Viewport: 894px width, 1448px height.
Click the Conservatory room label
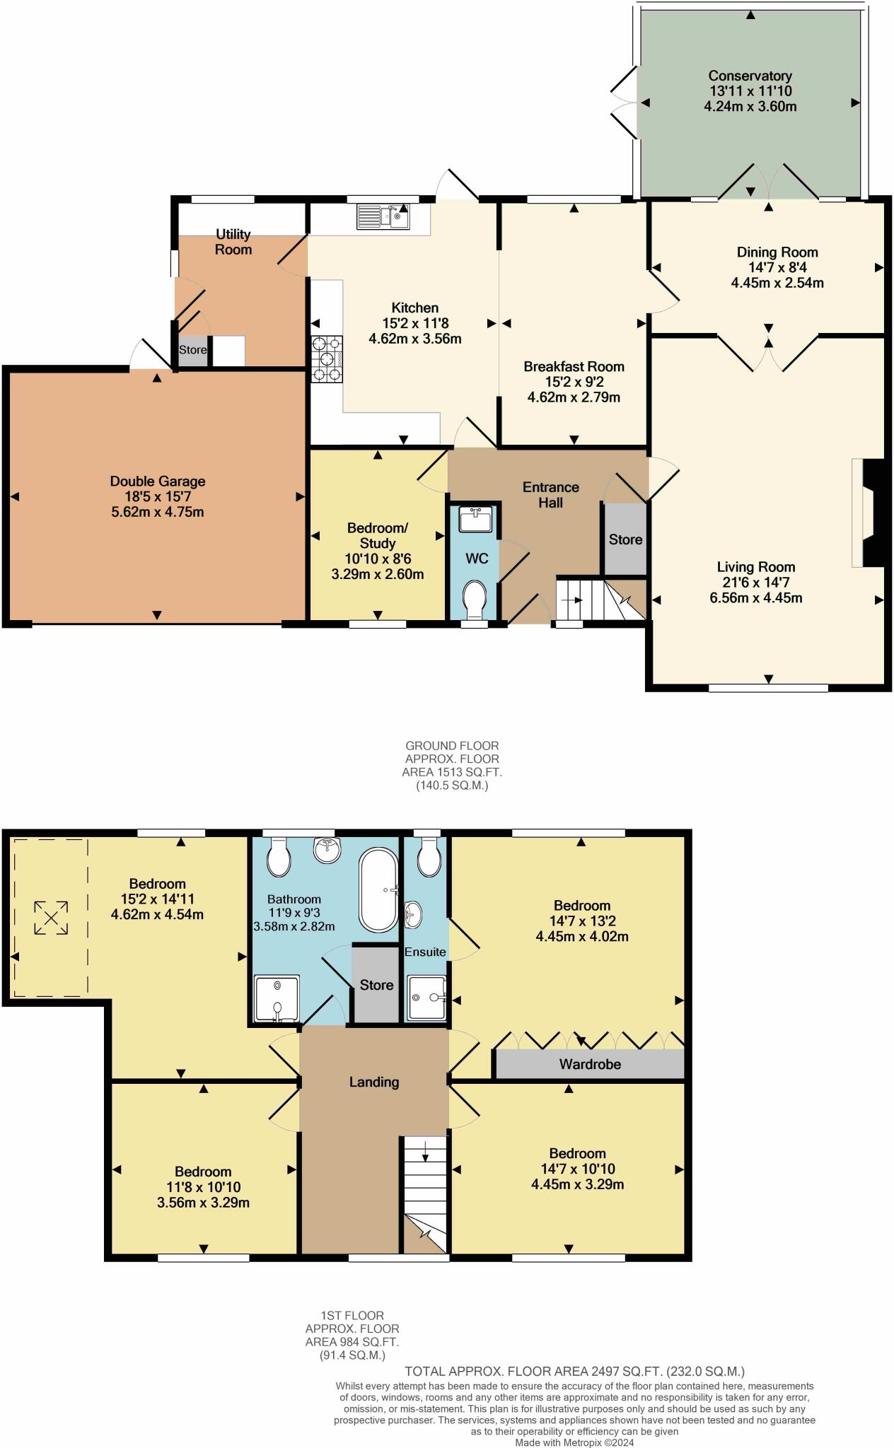(x=750, y=76)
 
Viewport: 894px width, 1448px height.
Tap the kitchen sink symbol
(x=383, y=216)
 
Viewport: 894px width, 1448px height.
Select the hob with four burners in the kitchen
(x=326, y=358)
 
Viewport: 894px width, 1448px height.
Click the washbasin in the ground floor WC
(x=475, y=520)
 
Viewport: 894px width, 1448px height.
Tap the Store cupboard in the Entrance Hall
(x=625, y=539)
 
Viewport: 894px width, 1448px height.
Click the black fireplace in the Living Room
(x=874, y=513)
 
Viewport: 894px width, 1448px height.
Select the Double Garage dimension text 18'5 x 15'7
(x=157, y=496)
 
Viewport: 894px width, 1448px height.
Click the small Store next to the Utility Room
(x=192, y=351)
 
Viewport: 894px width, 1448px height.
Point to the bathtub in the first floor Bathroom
(x=380, y=890)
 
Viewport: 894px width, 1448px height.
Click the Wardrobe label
(x=590, y=1063)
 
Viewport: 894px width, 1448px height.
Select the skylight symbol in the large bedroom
(x=51, y=918)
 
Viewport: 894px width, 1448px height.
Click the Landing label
(x=373, y=1082)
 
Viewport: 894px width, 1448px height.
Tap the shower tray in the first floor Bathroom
(x=277, y=999)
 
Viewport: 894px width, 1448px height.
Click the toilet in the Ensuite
(x=429, y=858)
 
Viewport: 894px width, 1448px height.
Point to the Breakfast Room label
(x=574, y=366)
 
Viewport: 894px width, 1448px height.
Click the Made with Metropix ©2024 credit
(x=574, y=1442)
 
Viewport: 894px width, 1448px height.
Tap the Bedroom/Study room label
(x=378, y=535)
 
